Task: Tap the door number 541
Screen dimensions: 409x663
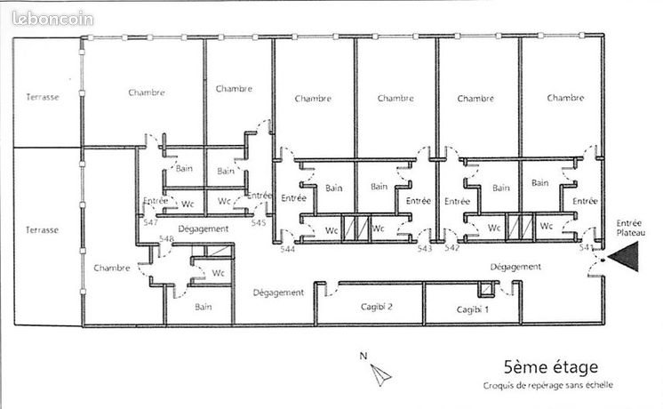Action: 586,248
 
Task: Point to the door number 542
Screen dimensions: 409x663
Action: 452,248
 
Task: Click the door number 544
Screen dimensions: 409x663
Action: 287,249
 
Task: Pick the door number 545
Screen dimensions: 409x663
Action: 259,223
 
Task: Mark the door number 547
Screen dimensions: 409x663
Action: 150,223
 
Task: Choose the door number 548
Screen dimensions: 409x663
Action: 166,238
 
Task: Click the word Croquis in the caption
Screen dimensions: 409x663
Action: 500,385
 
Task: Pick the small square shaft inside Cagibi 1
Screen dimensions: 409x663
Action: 484,291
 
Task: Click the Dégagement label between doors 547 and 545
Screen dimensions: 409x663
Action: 203,229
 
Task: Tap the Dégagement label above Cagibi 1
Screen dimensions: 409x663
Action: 515,266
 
